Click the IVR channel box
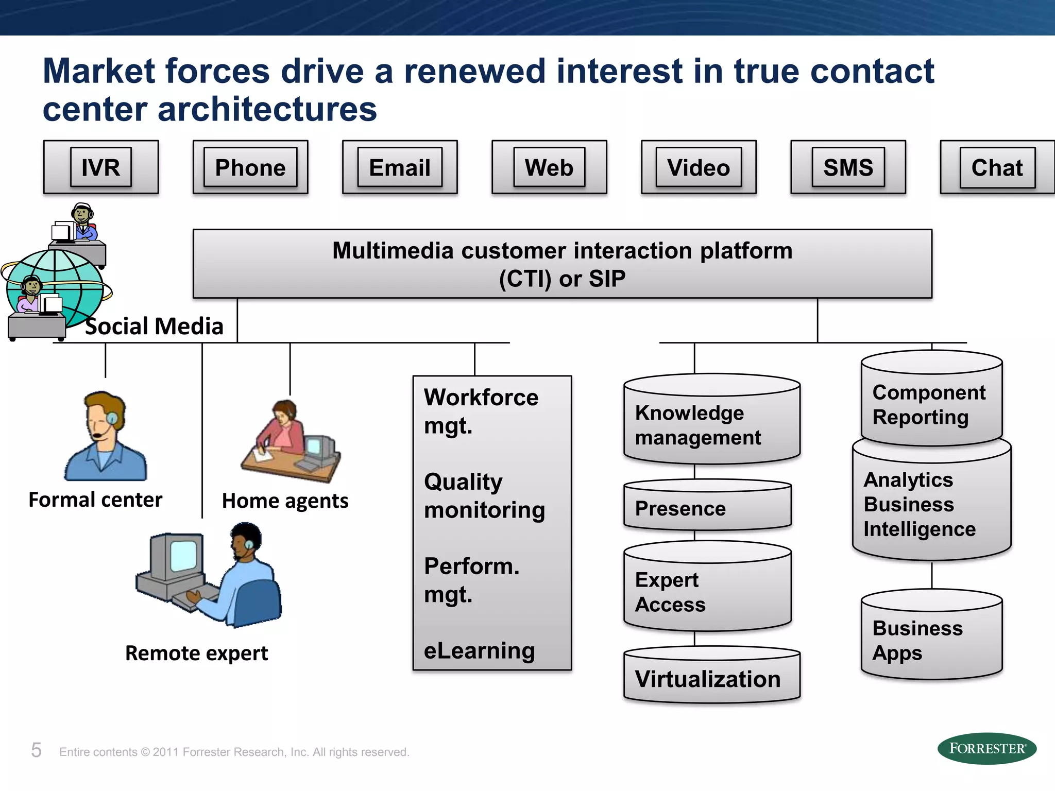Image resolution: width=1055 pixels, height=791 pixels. tap(101, 167)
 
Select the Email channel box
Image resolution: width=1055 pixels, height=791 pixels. tap(400, 167)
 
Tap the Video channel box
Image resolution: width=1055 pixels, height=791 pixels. tap(699, 167)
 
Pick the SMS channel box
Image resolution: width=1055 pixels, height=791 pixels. tap(848, 167)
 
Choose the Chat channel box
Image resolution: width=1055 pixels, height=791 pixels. tap(997, 167)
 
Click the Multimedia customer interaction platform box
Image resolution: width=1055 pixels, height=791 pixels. tap(562, 264)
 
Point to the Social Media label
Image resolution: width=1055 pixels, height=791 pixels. tap(154, 326)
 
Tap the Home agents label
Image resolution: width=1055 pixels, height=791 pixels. tap(285, 501)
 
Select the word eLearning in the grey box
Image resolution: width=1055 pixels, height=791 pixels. tap(479, 650)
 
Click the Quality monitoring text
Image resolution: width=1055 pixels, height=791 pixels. tap(484, 495)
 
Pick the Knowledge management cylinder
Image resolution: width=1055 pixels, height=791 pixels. tap(711, 425)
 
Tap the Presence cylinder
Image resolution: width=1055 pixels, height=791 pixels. tap(707, 508)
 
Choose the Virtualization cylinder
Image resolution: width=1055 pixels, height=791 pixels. tap(711, 678)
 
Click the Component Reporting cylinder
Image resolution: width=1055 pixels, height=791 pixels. tap(931, 404)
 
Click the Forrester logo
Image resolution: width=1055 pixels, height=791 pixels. tap(986, 748)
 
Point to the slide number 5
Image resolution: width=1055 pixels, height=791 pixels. tap(36, 750)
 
